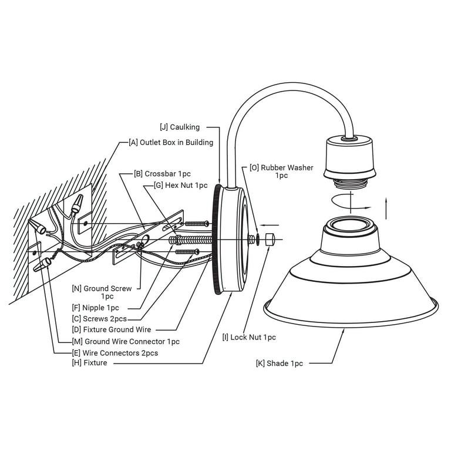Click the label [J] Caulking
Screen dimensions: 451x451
tap(180, 127)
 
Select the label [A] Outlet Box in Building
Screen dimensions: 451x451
tap(171, 142)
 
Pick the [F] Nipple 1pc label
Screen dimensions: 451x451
tap(95, 308)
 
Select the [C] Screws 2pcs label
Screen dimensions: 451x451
tap(99, 319)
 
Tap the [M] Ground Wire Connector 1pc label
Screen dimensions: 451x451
tap(126, 341)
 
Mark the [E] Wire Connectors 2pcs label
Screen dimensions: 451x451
tap(115, 353)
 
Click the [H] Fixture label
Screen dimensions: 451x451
tap(89, 364)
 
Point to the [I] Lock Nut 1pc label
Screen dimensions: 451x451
tap(249, 337)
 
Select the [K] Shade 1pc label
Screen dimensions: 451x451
tap(280, 364)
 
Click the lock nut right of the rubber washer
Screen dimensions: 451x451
tap(271, 239)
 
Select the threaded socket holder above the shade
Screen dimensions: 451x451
tap(350, 157)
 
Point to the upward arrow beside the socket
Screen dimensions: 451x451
tap(386, 208)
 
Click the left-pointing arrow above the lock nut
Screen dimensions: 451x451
tap(270, 224)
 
